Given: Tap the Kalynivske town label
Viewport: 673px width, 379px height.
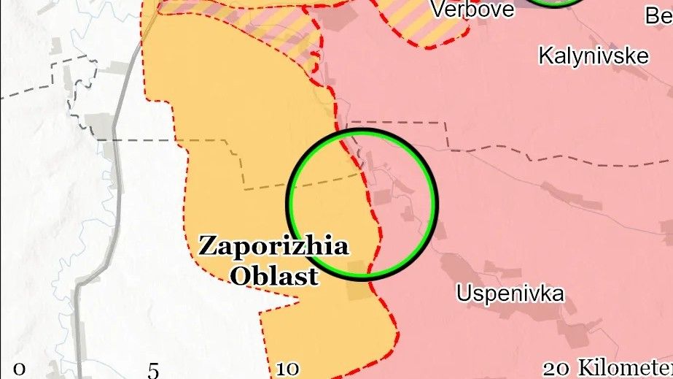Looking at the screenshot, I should click(593, 55).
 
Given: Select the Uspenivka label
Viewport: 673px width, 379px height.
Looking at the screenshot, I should click(510, 294).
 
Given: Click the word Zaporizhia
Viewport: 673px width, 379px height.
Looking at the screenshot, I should click(273, 246).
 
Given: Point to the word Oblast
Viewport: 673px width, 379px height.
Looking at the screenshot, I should click(273, 276).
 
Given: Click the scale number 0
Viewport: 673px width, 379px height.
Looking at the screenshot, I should click(19, 369).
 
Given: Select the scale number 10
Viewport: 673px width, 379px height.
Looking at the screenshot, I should click(287, 370).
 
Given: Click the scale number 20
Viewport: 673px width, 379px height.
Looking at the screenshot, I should click(558, 368).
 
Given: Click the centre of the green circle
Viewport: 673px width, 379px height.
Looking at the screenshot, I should click(362, 204).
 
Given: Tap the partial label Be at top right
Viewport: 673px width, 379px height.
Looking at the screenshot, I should click(658, 15).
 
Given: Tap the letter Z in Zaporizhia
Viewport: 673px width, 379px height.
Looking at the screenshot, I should click(206, 246).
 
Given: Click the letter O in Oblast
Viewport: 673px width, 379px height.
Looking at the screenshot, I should click(238, 276).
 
